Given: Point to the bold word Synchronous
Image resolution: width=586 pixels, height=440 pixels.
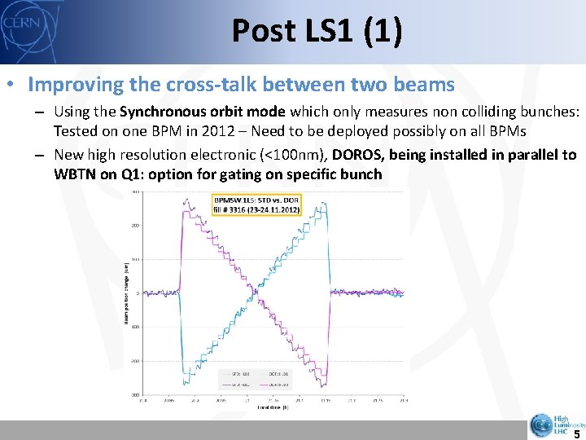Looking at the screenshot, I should click(160, 112).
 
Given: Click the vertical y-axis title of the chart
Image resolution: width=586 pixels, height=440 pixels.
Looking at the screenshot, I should click(126, 293).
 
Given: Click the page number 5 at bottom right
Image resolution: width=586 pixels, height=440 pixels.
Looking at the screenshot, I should click(576, 434).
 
